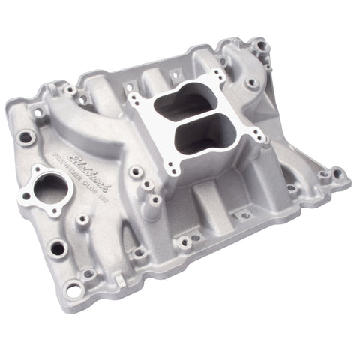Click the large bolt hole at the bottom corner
73,287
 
